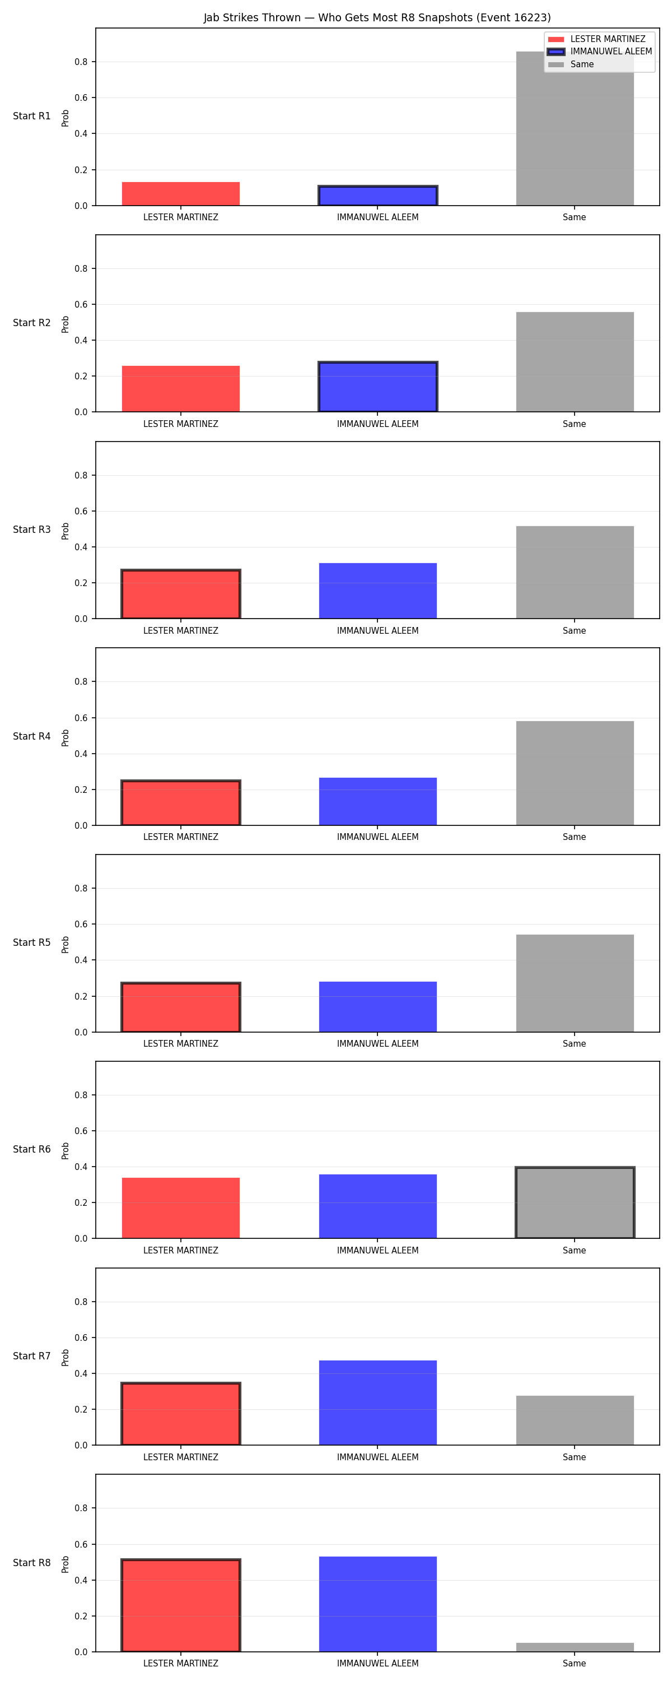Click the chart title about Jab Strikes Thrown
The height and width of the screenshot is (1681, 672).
pos(377,17)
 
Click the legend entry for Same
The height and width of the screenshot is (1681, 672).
pos(571,64)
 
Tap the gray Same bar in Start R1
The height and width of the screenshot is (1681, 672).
pos(575,128)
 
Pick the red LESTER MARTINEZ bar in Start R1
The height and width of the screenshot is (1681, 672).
pos(181,194)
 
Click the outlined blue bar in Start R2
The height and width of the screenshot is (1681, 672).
pos(378,386)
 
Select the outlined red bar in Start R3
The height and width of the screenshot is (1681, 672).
pos(181,594)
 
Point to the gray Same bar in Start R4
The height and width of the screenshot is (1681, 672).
pos(575,773)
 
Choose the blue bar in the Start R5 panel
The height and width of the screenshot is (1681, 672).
pos(378,1007)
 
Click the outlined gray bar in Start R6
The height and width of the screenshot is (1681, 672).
pos(575,1202)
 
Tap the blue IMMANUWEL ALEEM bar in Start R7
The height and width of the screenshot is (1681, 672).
pos(378,1403)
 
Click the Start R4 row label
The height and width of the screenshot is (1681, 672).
pos(32,736)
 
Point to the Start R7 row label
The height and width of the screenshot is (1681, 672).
pos(32,1356)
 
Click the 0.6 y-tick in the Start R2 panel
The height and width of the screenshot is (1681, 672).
pos(81,304)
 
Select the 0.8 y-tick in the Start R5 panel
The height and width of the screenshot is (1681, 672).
pos(81,888)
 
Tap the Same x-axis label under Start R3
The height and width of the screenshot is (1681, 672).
pos(574,630)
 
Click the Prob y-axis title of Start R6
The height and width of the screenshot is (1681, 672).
pos(66,1150)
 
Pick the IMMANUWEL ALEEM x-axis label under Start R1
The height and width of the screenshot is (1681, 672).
pos(378,217)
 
